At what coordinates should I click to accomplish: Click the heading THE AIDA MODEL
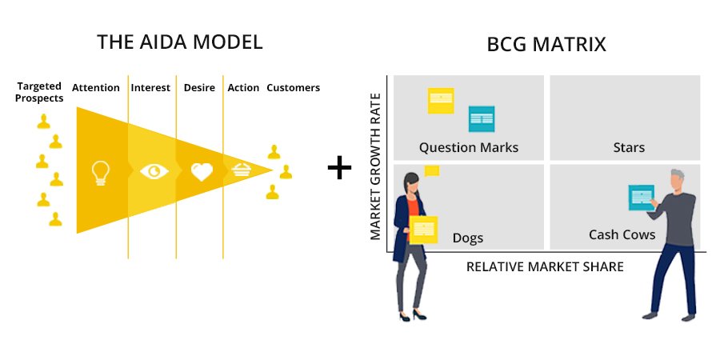pos(179,42)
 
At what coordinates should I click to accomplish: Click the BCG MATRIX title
pos(546,45)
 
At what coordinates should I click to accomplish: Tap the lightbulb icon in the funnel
pos(100,172)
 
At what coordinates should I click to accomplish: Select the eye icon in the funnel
pos(154,171)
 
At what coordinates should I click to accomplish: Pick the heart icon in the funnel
pos(201,171)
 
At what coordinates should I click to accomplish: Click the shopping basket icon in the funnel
pos(242,169)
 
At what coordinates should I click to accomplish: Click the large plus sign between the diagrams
pos(340,168)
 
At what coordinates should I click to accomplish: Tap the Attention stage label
pos(96,88)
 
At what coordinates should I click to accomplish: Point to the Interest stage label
pos(150,88)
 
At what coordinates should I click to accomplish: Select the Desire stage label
pos(199,88)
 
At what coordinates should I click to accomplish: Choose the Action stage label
pos(243,88)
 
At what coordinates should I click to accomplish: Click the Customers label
pos(293,88)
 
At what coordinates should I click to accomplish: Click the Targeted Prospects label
pos(40,93)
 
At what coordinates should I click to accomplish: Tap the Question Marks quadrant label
pos(469,147)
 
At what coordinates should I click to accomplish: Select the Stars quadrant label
pos(629,147)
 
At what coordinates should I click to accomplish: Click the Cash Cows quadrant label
pos(622,234)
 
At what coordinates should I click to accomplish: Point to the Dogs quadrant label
pos(468,238)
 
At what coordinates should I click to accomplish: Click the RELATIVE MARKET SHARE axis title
pos(545,266)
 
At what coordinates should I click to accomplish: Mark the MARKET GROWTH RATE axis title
pos(375,165)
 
